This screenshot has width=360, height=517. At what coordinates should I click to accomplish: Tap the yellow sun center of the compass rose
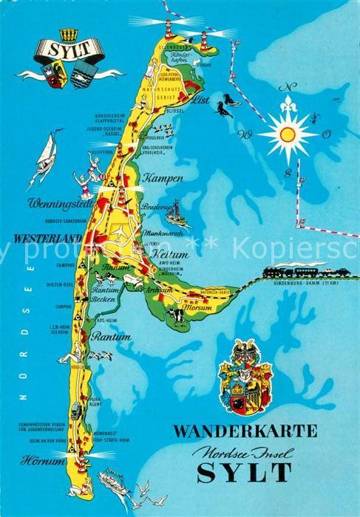pyautogui.click(x=288, y=134)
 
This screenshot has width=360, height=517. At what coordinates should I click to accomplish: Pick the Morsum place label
pyautogui.click(x=198, y=308)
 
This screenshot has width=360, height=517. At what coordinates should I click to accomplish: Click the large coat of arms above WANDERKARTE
pyautogui.click(x=245, y=376)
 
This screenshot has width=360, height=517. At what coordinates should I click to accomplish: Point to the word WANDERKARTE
pyautogui.click(x=245, y=431)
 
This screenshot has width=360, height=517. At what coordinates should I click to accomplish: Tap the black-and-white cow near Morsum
pyautogui.click(x=175, y=315)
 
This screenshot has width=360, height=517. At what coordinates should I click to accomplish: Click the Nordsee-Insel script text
pyautogui.click(x=244, y=450)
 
